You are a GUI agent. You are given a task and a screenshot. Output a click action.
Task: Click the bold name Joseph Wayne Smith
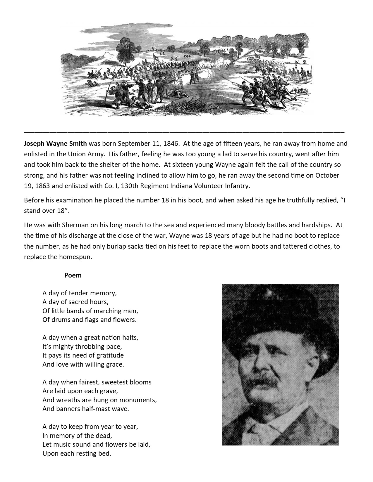pyautogui.click(x=55, y=143)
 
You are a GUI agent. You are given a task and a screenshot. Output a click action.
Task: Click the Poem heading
pyautogui.click(x=73, y=275)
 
